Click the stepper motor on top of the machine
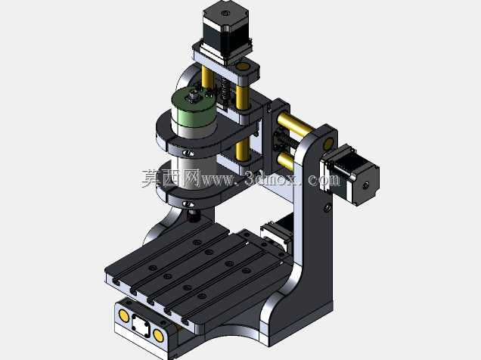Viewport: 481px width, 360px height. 226,31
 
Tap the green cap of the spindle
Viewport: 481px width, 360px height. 194,107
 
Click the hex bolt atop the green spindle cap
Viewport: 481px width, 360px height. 193,96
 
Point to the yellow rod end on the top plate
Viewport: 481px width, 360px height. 243,67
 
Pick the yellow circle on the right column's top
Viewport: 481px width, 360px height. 328,143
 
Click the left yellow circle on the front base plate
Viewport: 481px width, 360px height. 123,315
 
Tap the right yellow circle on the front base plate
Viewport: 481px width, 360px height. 158,335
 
